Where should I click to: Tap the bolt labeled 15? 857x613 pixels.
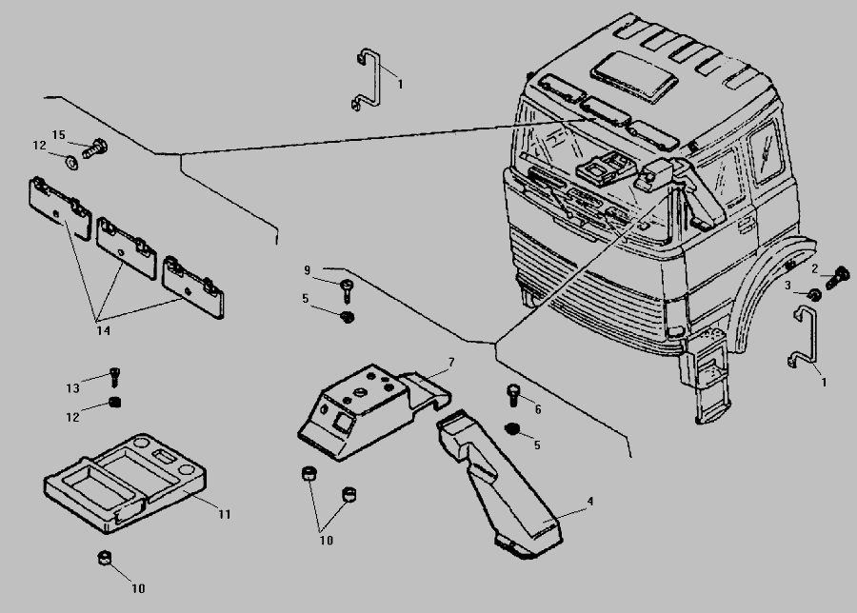[x=95, y=148]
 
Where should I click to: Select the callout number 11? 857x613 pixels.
[x=224, y=514]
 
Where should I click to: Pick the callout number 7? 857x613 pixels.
[x=451, y=362]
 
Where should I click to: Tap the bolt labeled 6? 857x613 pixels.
[x=511, y=391]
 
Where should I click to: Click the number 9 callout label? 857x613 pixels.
[x=307, y=270]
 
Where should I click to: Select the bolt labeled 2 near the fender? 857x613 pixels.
[x=840, y=277]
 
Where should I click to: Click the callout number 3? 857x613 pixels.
[x=787, y=285]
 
